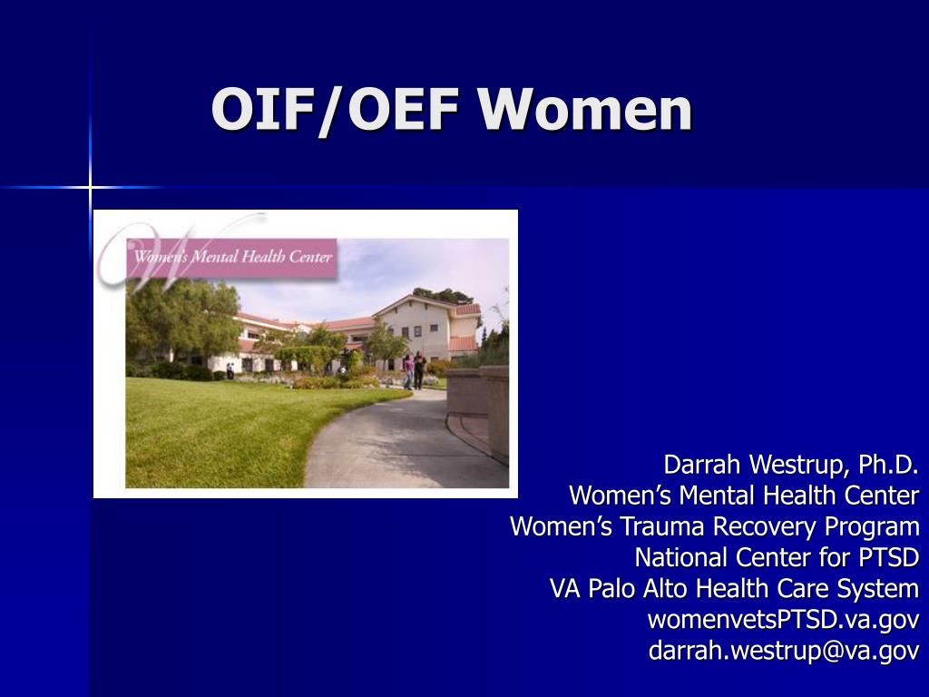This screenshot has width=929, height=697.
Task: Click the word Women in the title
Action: pos(585,109)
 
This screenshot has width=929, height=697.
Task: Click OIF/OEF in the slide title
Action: pos(336,110)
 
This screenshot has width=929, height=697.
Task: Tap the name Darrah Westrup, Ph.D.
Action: pos(791,465)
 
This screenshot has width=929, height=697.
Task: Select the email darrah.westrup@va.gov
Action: pos(784,650)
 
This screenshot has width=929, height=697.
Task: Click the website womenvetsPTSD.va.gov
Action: pos(783,619)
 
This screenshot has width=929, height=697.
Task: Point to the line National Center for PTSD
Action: pos(777,558)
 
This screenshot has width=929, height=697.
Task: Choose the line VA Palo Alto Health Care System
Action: pos(734,588)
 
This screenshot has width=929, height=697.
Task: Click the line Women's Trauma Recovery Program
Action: pos(715,527)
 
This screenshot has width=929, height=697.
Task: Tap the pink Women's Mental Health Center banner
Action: pos(231,258)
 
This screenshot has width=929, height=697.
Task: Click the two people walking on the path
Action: pos(415,370)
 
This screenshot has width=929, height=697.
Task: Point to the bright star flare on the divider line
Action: pos(90,188)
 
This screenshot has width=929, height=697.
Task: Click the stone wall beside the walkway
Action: pos(477,409)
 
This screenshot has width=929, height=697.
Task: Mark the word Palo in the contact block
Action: pos(611,588)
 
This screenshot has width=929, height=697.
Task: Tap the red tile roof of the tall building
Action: pos(467,310)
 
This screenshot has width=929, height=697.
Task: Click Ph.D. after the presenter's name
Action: pos(888,465)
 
